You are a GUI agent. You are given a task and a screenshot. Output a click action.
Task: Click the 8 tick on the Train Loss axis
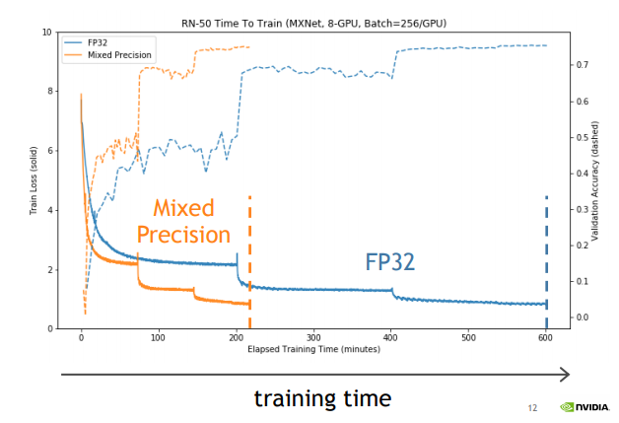click(49, 92)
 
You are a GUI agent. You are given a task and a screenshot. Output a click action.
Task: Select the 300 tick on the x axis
click(313, 337)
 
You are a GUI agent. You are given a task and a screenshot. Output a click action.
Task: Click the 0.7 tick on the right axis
click(584, 64)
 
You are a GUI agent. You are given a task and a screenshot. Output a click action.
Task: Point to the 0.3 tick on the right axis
click(584, 209)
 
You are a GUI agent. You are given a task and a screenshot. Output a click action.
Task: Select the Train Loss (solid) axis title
click(34, 180)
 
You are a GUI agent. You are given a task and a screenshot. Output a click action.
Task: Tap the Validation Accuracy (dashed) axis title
click(595, 180)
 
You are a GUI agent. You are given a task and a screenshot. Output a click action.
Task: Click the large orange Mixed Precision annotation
click(183, 222)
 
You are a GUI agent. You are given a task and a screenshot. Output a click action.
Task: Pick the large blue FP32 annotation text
click(390, 261)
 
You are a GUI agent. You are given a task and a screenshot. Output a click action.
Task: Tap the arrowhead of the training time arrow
click(564, 374)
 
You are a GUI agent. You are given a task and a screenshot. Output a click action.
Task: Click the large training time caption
click(322, 398)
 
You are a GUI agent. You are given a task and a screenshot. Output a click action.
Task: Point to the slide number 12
click(532, 407)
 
